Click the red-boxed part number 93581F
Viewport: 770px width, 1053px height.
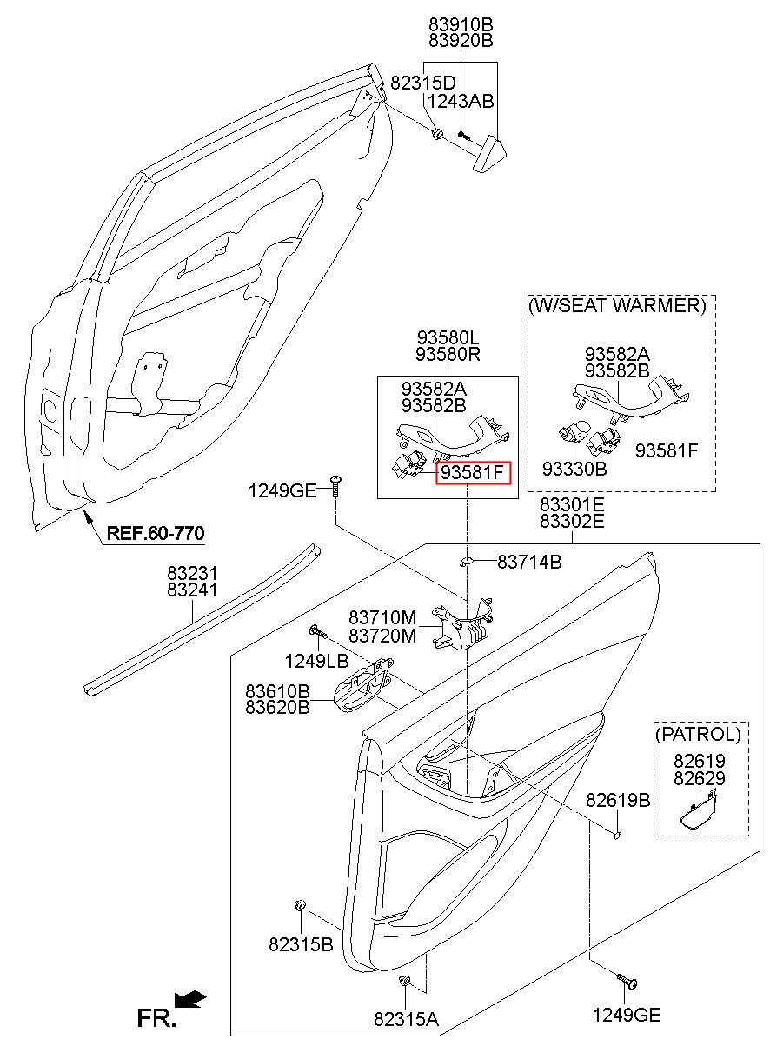click(473, 472)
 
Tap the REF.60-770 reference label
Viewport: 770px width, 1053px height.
click(156, 533)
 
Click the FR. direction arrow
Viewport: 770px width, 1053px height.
click(189, 999)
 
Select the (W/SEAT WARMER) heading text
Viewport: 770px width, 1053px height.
click(617, 305)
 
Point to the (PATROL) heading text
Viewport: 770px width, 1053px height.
click(698, 734)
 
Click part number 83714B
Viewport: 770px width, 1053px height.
click(529, 562)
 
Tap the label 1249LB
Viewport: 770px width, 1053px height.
click(316, 662)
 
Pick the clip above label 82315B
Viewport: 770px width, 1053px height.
click(299, 904)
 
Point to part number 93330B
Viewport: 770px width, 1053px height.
click(574, 469)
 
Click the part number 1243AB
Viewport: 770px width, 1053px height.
click(461, 101)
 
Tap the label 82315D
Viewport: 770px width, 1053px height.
click(423, 83)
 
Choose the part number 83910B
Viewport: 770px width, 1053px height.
click(461, 24)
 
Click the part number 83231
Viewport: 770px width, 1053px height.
click(193, 573)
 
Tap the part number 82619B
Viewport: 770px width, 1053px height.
click(618, 799)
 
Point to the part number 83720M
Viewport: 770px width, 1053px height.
click(382, 636)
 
